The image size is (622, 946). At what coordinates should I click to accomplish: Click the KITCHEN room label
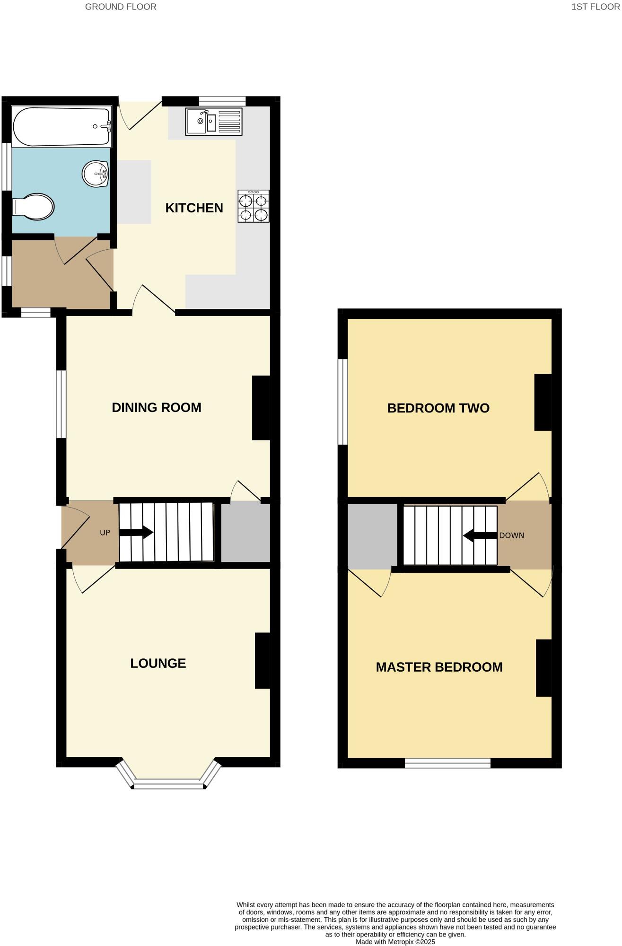point(194,208)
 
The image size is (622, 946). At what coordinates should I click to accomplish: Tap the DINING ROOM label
point(157,408)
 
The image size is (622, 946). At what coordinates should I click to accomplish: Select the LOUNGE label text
point(158,663)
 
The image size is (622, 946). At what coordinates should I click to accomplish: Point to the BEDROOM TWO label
point(438,408)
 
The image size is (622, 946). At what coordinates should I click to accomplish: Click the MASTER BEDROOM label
point(439,667)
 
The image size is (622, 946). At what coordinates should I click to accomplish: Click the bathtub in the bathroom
point(61,127)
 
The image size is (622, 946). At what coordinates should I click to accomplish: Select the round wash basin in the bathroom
point(96,174)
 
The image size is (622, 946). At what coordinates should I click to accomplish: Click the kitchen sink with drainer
point(214,122)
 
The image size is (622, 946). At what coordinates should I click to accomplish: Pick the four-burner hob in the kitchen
point(254,206)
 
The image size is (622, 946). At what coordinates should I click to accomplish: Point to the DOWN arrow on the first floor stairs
point(480,536)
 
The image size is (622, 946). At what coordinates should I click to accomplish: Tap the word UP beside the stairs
point(105,533)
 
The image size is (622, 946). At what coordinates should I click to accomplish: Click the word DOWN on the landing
point(512,536)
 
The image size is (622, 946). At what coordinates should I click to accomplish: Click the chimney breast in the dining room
point(261,408)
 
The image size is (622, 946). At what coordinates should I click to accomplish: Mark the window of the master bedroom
point(447,762)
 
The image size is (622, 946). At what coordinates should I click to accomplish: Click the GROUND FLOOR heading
point(121,7)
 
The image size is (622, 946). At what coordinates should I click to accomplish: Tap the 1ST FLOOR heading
point(595,7)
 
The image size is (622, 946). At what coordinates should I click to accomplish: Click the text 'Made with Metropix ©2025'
point(395,942)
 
